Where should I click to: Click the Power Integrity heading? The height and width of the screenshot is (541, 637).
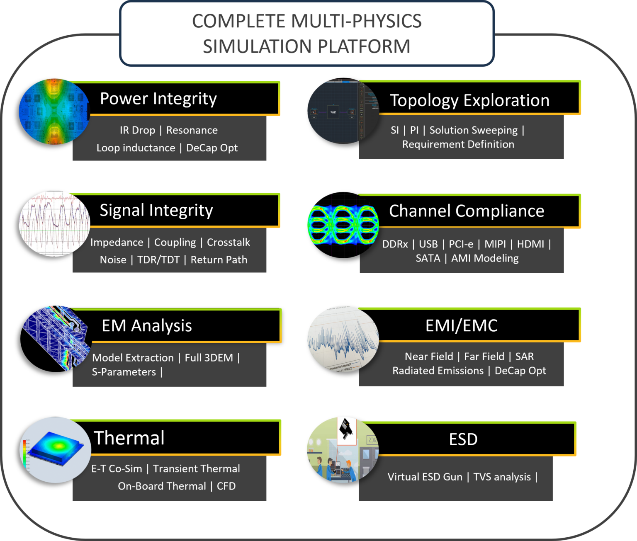click(158, 99)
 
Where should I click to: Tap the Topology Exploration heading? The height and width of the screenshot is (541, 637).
click(469, 100)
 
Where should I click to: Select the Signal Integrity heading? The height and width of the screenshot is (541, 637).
click(156, 210)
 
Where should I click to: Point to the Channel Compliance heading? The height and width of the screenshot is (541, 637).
click(467, 211)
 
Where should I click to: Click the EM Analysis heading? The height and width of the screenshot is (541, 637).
click(147, 326)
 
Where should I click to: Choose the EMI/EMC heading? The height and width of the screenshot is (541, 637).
click(462, 326)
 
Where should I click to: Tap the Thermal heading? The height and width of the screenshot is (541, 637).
click(129, 438)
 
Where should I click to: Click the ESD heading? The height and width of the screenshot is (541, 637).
click(463, 439)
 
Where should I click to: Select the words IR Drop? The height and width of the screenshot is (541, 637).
click(137, 130)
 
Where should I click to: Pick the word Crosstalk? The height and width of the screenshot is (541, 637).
click(229, 243)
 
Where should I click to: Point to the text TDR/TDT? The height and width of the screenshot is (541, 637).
click(158, 260)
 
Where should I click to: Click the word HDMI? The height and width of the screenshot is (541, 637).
click(530, 244)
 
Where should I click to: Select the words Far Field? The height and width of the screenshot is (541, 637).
click(484, 357)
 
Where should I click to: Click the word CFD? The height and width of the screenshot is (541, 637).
click(226, 486)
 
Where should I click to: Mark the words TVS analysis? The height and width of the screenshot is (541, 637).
click(502, 477)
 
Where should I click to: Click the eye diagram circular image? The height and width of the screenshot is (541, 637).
click(343, 225)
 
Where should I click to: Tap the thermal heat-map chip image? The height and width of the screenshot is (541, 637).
click(56, 450)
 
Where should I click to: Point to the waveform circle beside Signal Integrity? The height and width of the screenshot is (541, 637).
click(55, 224)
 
